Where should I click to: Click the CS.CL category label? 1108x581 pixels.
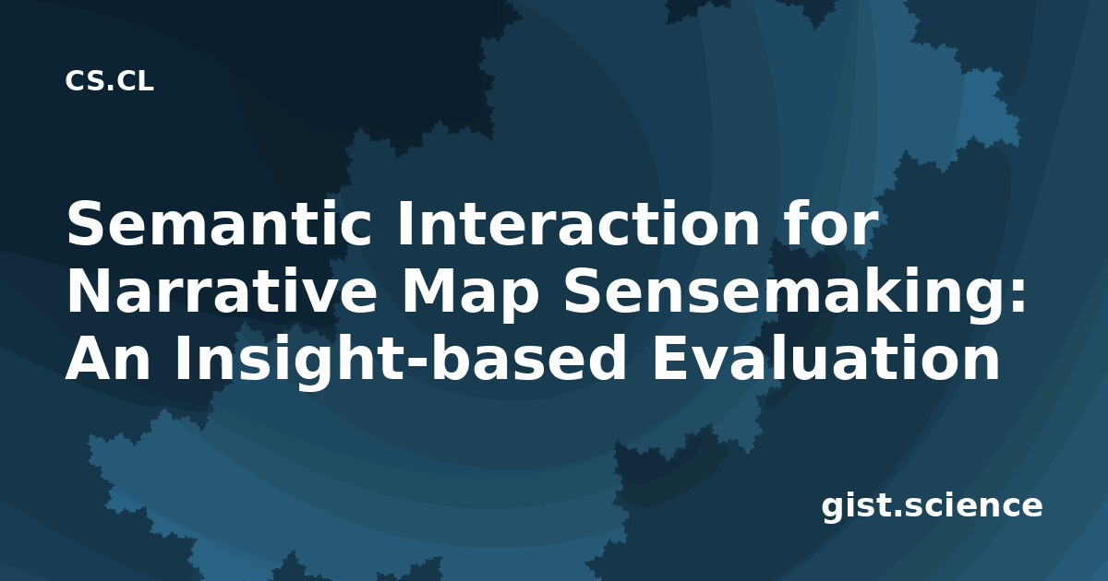tap(109, 81)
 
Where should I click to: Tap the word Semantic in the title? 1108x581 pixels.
tap(219, 223)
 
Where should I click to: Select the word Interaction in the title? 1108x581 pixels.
tap(579, 223)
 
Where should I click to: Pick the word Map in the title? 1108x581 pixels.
tap(470, 296)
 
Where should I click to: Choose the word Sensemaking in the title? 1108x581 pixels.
tap(786, 294)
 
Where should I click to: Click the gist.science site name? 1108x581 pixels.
tap(932, 506)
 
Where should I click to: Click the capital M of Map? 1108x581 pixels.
tap(428, 290)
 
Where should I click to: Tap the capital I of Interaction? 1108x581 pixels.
tap(404, 223)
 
